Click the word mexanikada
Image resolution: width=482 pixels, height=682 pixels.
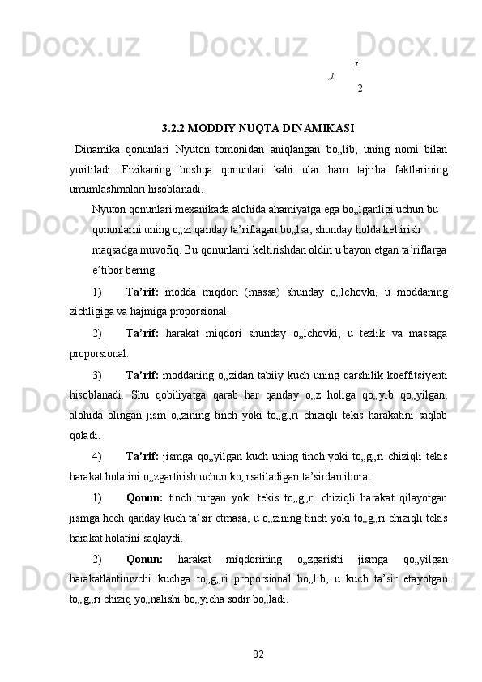[x=208, y=208]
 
